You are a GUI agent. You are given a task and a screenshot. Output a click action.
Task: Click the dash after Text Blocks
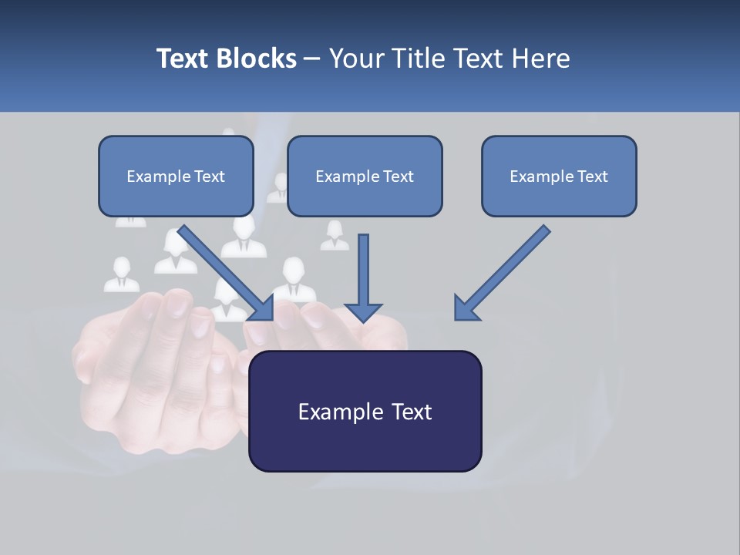point(312,59)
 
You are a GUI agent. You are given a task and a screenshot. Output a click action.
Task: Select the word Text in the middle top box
point(398,177)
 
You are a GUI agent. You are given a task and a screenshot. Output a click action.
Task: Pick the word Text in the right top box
point(592,177)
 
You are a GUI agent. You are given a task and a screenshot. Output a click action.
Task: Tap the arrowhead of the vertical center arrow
point(363,311)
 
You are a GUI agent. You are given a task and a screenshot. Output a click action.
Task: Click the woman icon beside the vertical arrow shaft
point(335,235)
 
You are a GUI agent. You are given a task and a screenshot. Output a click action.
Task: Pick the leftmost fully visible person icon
point(121,274)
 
